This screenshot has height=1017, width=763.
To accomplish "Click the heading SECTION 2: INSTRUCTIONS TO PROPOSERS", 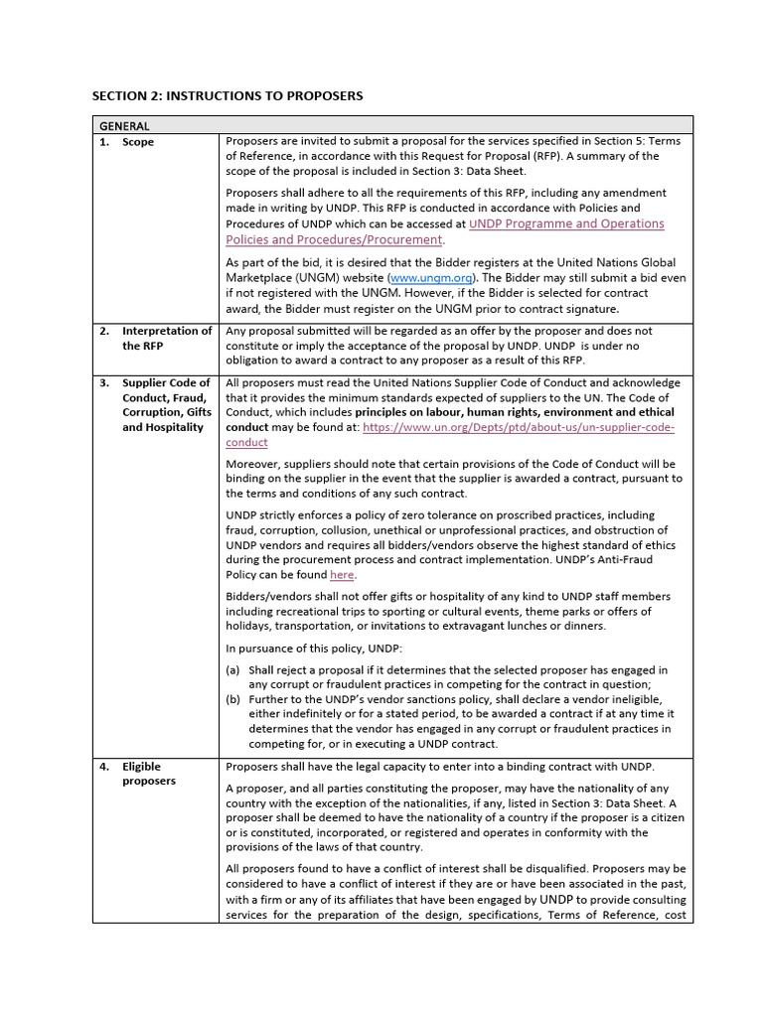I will pos(228,96).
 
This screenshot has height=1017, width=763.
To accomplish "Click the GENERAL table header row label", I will pos(124,126).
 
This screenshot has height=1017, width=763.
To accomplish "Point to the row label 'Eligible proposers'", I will pos(149,774).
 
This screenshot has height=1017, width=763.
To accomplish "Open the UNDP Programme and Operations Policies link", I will pos(565,224).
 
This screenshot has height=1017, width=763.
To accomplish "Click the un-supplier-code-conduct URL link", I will pos(518,428).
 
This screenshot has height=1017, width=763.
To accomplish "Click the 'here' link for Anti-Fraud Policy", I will pos(342,575).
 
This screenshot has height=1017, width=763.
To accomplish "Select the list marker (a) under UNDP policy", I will pos(233,669).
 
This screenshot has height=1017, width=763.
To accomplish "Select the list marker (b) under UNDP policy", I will pos(233,699).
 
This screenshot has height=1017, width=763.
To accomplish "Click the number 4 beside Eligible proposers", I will pos(104,767).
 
